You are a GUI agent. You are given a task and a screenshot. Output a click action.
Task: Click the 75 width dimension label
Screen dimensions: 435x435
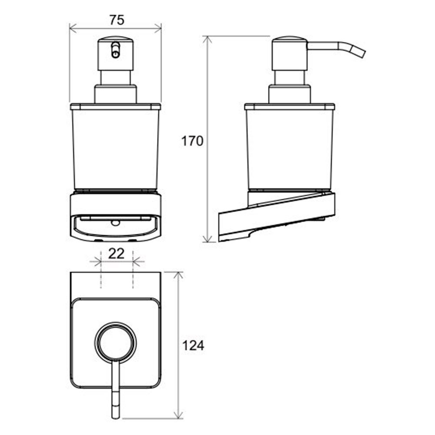click(x=117, y=20)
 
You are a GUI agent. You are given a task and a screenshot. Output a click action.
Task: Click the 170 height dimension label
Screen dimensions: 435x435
click(x=192, y=141)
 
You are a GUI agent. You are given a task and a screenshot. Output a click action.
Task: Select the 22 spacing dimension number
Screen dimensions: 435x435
click(x=116, y=254)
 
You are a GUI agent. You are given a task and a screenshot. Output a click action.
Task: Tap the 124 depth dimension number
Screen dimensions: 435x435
click(x=193, y=346)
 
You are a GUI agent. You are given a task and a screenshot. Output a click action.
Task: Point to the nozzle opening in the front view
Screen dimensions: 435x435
click(x=115, y=50)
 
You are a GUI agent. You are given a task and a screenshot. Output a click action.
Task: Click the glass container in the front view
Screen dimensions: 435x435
click(x=115, y=147)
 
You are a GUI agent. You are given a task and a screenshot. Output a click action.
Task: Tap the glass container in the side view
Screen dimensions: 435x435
click(x=290, y=147)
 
